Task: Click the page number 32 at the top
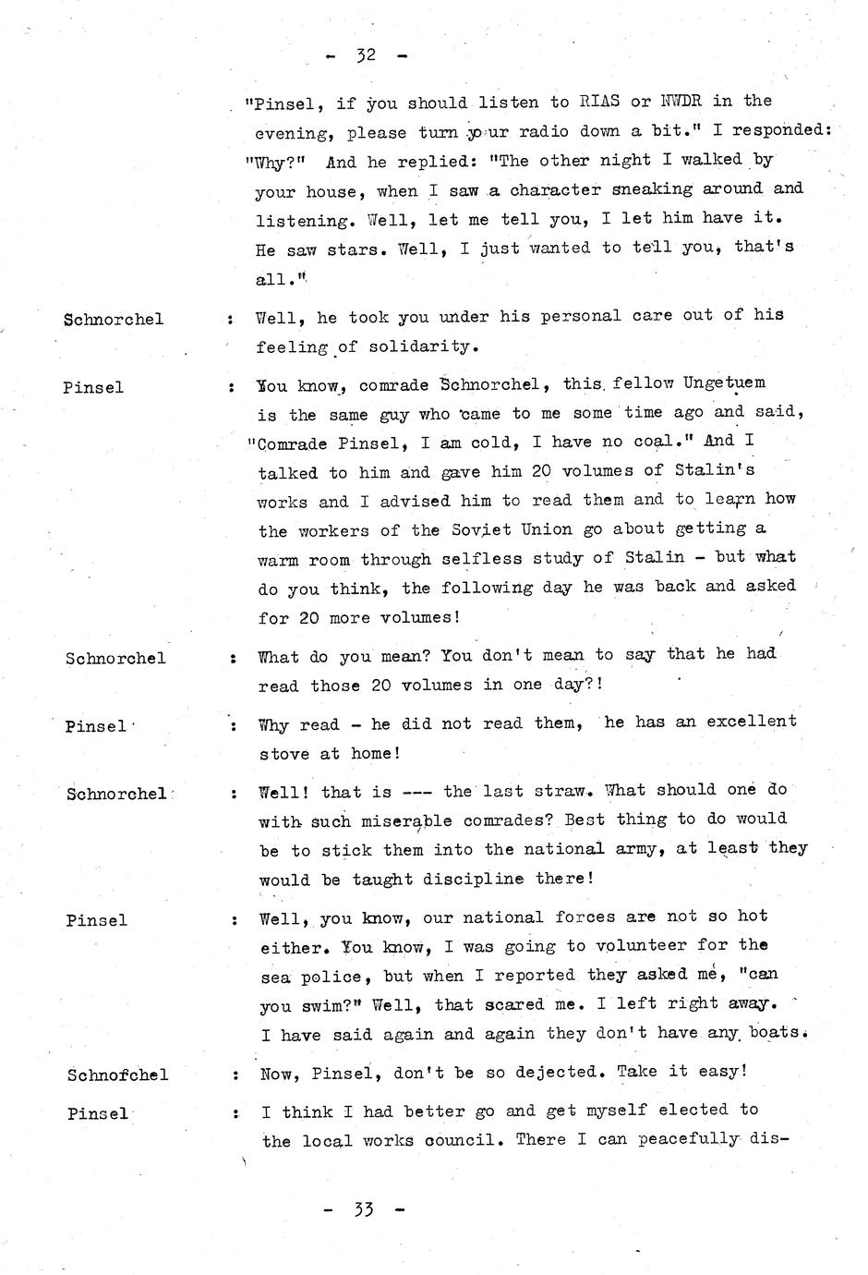click(x=366, y=55)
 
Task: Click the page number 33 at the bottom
click(x=364, y=1208)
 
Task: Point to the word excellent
click(x=751, y=722)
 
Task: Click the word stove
click(x=283, y=754)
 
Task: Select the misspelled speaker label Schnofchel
click(x=117, y=1075)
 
